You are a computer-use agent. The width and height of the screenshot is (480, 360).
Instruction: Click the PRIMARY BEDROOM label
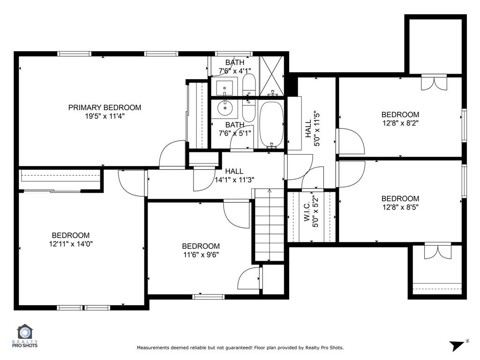105,107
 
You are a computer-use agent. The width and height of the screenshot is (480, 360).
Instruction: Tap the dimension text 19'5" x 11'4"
105,116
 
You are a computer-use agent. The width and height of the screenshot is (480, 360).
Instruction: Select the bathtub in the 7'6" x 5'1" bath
271,124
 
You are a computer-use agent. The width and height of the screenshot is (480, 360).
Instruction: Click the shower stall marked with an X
271,76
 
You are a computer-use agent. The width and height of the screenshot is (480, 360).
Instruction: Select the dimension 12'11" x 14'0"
70,244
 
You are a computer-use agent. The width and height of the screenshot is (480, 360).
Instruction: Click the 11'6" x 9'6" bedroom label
201,246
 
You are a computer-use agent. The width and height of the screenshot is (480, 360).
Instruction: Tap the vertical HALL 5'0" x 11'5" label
312,129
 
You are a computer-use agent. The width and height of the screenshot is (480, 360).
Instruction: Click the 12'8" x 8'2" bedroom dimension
400,123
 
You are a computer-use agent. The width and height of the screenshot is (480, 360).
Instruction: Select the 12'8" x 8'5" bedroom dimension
400,207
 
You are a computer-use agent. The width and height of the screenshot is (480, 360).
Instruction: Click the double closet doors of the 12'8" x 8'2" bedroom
435,83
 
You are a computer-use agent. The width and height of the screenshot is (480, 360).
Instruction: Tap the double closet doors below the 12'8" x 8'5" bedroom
437,251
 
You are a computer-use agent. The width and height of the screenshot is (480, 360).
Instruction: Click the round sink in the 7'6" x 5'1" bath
225,108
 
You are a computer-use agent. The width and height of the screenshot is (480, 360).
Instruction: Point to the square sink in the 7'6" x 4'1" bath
224,87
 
